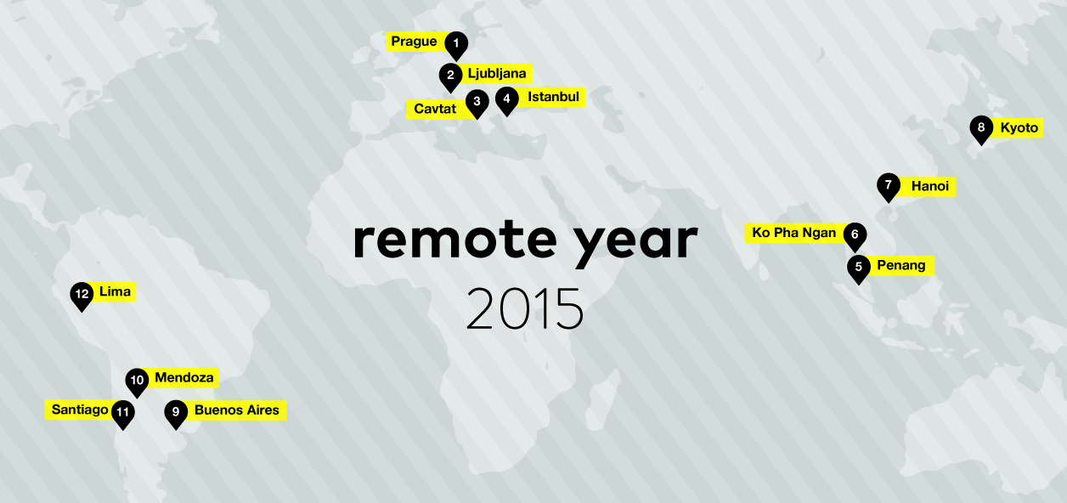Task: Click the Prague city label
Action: pyautogui.click(x=414, y=42)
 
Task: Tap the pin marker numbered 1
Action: pyautogui.click(x=456, y=45)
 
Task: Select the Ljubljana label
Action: pyautogui.click(x=497, y=74)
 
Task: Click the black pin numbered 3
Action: pyautogui.click(x=477, y=103)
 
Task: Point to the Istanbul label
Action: pyautogui.click(x=553, y=97)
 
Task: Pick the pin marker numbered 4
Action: pyautogui.click(x=507, y=100)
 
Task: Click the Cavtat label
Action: pyautogui.click(x=435, y=109)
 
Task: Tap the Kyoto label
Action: pyautogui.click(x=1019, y=128)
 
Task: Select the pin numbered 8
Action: pyautogui.click(x=981, y=129)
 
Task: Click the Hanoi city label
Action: pyautogui.click(x=930, y=186)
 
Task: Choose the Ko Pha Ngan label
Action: pyautogui.click(x=793, y=233)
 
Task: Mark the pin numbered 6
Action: pyautogui.click(x=855, y=236)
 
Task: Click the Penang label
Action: pyautogui.click(x=901, y=265)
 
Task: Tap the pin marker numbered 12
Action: pyautogui.click(x=82, y=296)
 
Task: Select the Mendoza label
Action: pyautogui.click(x=183, y=378)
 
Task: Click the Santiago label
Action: pyautogui.click(x=80, y=410)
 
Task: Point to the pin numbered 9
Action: pyautogui.click(x=176, y=414)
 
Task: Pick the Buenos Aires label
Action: pyautogui.click(x=237, y=410)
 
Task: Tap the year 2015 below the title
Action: pyautogui.click(x=524, y=308)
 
